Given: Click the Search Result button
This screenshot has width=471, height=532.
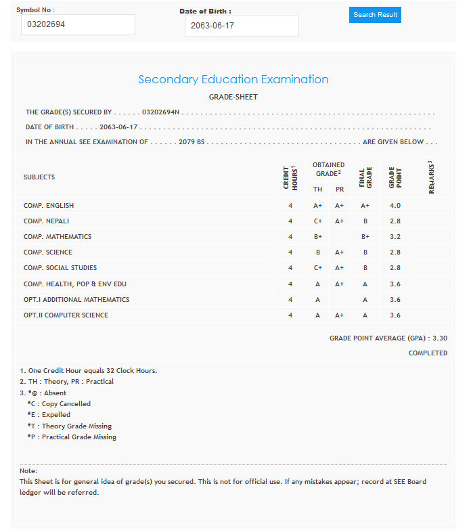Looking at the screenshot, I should tap(375, 15).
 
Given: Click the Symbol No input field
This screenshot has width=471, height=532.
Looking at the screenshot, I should tap(78, 25).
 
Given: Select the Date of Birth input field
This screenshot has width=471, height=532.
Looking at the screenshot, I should tap(241, 26).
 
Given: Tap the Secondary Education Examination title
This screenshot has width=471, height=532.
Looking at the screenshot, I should tap(233, 79).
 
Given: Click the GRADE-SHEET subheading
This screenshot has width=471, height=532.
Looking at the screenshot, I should tap(233, 97).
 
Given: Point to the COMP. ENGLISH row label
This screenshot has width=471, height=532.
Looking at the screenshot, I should tap(49, 206).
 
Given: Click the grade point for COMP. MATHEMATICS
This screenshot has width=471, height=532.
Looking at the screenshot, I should tap(395, 237).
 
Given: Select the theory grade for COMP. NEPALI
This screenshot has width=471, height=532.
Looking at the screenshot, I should tap(317, 221).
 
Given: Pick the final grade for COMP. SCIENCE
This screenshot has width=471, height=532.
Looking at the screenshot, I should tap(365, 252).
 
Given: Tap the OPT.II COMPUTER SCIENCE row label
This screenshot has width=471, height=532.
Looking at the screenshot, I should tap(66, 315).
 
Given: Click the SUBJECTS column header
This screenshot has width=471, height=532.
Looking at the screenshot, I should tap(39, 177).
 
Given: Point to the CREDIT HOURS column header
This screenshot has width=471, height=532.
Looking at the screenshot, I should tap(290, 177).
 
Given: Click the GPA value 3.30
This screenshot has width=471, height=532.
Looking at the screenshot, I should tap(440, 338).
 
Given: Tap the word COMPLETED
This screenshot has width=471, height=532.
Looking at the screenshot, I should tap(428, 353).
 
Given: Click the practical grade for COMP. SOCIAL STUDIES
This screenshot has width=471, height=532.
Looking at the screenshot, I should tap(340, 268).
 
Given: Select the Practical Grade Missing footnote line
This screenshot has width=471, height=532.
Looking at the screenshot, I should tap(72, 437).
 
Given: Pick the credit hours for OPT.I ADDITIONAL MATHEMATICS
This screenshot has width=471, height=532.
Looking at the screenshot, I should tap(290, 300).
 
